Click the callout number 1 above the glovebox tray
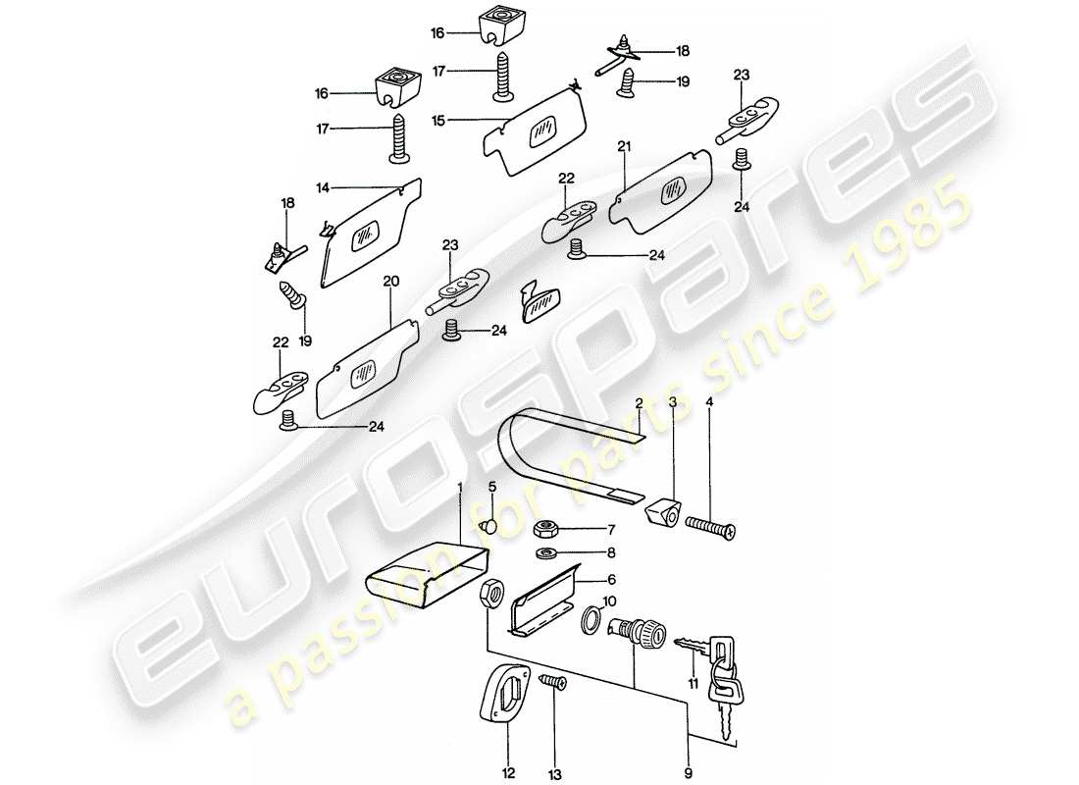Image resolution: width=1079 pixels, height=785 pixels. pos(459,487)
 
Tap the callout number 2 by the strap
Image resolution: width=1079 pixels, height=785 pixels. pos(638,403)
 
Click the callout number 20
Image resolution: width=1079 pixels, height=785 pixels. pos(391,282)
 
